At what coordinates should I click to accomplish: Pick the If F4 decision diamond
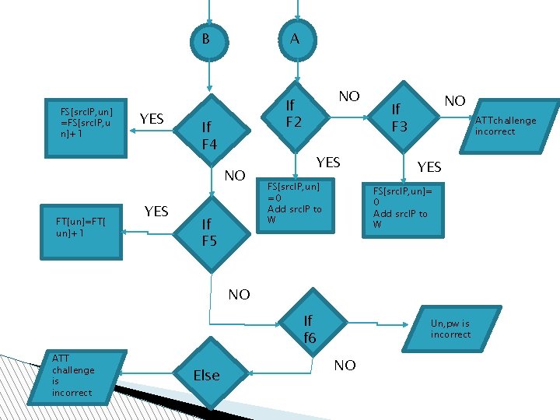(x=209, y=135)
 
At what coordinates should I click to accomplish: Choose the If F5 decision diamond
(x=209, y=232)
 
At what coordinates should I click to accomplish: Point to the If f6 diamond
(x=310, y=329)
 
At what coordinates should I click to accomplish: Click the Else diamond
(x=206, y=376)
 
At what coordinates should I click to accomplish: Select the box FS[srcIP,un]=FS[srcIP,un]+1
(x=86, y=122)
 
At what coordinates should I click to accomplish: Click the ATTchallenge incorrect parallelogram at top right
(x=506, y=125)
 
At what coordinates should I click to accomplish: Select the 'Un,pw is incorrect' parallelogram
(x=451, y=329)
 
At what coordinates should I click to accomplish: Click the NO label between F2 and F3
(x=349, y=96)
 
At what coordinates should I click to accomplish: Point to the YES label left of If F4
(x=151, y=119)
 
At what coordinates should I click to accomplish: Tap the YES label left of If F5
(x=156, y=212)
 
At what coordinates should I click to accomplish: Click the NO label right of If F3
(x=454, y=101)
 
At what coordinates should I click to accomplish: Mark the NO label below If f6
(x=345, y=365)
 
